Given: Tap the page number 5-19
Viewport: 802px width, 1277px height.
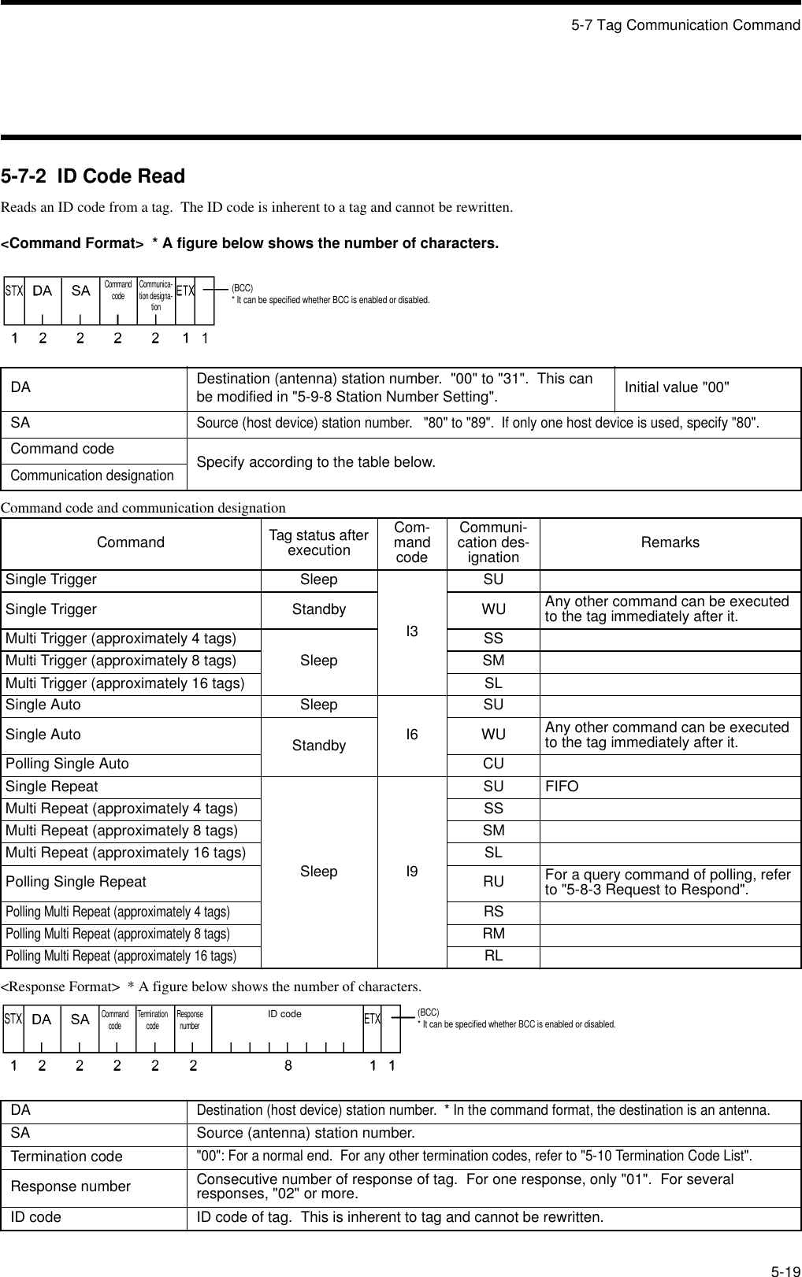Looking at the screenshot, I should pos(784,1250).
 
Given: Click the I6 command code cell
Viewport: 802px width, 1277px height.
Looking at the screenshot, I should pos(412,735).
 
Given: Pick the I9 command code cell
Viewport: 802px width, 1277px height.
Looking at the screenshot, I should pos(412,872).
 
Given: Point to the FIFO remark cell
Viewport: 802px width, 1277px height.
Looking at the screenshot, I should pos(562,787).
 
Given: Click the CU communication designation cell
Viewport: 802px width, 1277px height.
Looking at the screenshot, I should pos(493,764).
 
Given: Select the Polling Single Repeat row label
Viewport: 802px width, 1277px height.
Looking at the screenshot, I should pos(76,882).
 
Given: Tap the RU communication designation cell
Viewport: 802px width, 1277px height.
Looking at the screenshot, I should pos(493,882).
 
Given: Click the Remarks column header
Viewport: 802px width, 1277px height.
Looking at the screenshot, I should pos(670,542).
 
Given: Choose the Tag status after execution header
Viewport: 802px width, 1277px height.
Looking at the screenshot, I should pos(318,542).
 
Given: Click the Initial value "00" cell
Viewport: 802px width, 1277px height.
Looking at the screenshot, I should pos(677,387).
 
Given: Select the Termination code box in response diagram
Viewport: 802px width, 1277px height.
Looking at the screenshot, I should pos(153,1020).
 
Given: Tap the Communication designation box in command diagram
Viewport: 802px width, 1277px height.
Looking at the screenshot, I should pos(156,296).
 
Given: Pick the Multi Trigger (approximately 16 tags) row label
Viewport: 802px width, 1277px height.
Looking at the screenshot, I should pos(124,683).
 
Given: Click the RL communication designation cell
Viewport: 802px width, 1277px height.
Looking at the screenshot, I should pos(493,956).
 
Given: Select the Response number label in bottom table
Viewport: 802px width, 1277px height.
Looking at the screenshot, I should pos(71,1186).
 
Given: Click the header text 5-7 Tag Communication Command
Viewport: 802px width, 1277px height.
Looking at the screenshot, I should pos(685,25).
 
